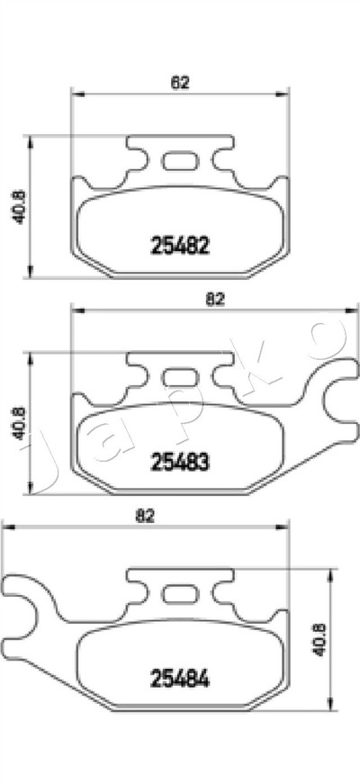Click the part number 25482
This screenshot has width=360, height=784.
(x=179, y=246)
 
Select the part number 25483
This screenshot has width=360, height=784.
(x=179, y=462)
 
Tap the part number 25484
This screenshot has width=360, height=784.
(x=179, y=679)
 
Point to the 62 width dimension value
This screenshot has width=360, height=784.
(x=180, y=83)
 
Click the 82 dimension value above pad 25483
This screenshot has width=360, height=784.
(x=215, y=299)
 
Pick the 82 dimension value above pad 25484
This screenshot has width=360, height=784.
(x=144, y=516)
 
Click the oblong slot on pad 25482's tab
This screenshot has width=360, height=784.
(x=179, y=161)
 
